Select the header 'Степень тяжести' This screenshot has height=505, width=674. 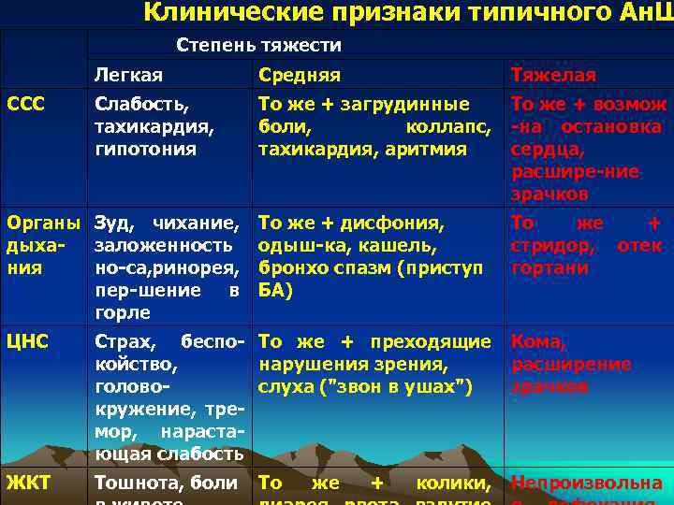259,45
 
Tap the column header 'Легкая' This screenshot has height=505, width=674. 128,75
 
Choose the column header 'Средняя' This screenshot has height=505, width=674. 300,75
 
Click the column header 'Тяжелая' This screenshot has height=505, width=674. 553,75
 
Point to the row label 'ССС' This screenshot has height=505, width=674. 25,99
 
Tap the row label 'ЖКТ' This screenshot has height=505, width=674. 28,483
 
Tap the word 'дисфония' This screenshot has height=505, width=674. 397,224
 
